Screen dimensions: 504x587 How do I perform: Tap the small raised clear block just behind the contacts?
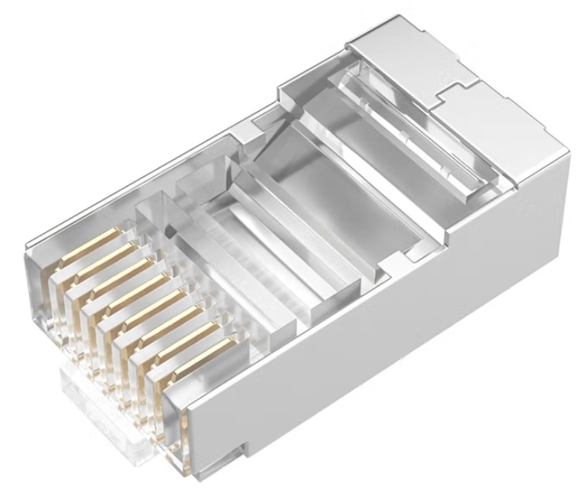[156, 215]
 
